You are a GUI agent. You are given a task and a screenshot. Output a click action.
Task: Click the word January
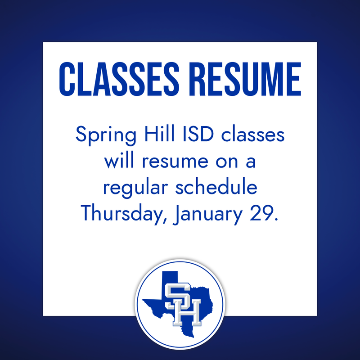pyautogui.click(x=207, y=214)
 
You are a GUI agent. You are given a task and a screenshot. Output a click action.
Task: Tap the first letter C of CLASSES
pyautogui.click(x=67, y=80)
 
